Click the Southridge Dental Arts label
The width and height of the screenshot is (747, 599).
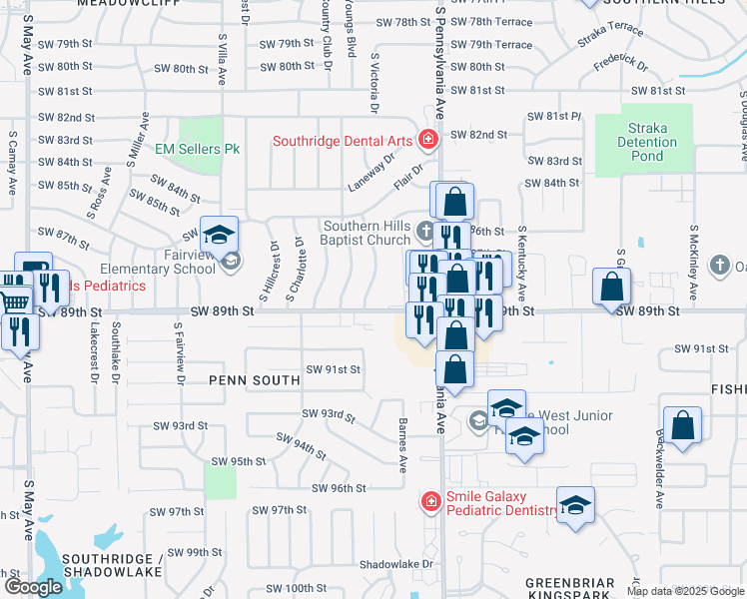pyautogui.click(x=344, y=142)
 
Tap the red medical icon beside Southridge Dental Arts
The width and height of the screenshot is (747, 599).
pyautogui.click(x=428, y=139)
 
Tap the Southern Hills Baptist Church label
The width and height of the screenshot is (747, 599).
pyautogui.click(x=366, y=233)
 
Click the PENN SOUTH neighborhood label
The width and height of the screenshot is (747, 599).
pyautogui.click(x=255, y=380)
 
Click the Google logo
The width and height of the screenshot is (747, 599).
pyautogui.click(x=33, y=587)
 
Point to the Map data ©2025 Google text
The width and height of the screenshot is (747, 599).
pyautogui.click(x=684, y=591)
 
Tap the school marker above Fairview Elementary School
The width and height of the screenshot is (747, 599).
pyautogui.click(x=219, y=236)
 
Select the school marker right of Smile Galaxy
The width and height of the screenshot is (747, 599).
pyautogui.click(x=575, y=506)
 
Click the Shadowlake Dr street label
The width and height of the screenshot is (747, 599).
pyautogui.click(x=396, y=564)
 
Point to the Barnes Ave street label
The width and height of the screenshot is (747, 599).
pyautogui.click(x=403, y=445)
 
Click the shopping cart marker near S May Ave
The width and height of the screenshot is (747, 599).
pyautogui.click(x=14, y=299)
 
